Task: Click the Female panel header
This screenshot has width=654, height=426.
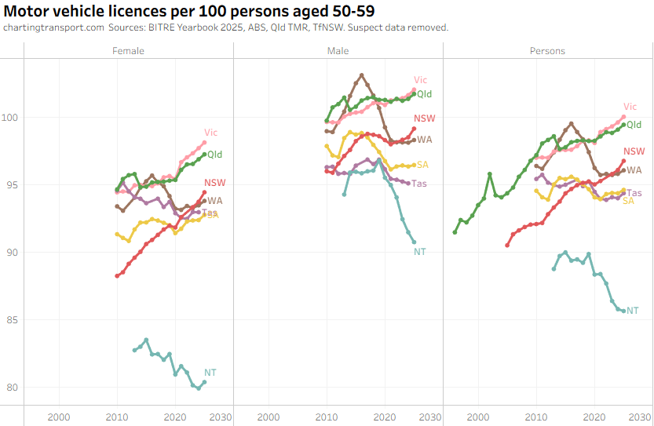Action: coord(129,51)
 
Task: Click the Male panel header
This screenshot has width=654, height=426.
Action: coord(338,51)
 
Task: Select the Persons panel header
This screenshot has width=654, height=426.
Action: coord(547,51)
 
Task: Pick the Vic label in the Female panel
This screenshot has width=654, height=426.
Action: coord(210,132)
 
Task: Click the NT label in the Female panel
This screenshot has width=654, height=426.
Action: coord(210,372)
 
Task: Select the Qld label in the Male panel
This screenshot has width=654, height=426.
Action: coord(424,94)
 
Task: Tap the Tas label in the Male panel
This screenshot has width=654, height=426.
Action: coord(419,184)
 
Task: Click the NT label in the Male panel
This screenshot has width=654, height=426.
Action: coord(420,251)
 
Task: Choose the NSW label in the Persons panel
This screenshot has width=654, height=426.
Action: coord(634,152)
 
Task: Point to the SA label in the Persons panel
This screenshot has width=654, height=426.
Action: coord(628,201)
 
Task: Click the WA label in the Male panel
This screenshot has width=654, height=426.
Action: coord(425,140)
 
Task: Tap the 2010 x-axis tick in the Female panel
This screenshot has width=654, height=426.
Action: coord(117,416)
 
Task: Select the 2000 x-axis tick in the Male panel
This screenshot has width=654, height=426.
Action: coord(269,416)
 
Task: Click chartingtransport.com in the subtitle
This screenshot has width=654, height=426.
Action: coord(53,27)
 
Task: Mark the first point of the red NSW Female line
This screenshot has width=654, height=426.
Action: coord(117,275)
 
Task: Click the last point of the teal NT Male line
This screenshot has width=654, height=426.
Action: coord(414,242)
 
